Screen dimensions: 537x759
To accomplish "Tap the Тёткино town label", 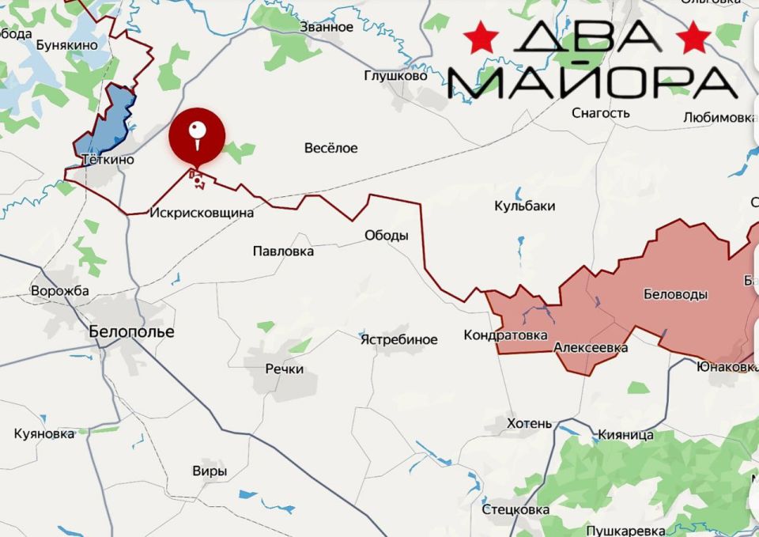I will [108, 160].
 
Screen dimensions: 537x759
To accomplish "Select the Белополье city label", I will [131, 331].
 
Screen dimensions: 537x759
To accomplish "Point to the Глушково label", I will [395, 76].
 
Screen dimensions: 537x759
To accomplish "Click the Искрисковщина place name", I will [202, 213].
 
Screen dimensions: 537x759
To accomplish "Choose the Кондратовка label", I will [505, 335].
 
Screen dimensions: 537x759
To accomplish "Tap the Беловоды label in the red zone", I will [676, 294].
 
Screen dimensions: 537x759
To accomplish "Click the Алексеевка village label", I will [591, 347].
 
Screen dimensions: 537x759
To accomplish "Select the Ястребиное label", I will [398, 339].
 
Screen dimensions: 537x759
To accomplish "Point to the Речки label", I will [285, 369].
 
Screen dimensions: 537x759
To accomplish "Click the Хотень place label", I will [529, 423].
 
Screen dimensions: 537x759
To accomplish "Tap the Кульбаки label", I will [524, 206].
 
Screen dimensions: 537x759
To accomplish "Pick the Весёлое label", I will [331, 148].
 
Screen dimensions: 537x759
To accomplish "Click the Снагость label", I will [601, 113].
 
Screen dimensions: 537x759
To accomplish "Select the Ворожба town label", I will [60, 290].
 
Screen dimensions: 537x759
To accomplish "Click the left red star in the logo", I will [481, 36].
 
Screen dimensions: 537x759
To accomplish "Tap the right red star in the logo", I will [693, 36].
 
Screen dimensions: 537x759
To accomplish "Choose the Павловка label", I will [283, 251].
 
